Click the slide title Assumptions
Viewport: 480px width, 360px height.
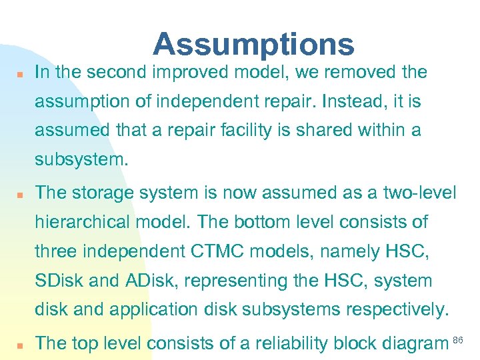tap(253, 44)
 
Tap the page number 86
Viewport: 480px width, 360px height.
tap(458, 341)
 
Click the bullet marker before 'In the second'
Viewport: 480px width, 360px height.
tap(21, 74)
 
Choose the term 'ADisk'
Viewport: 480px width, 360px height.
tap(150, 281)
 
